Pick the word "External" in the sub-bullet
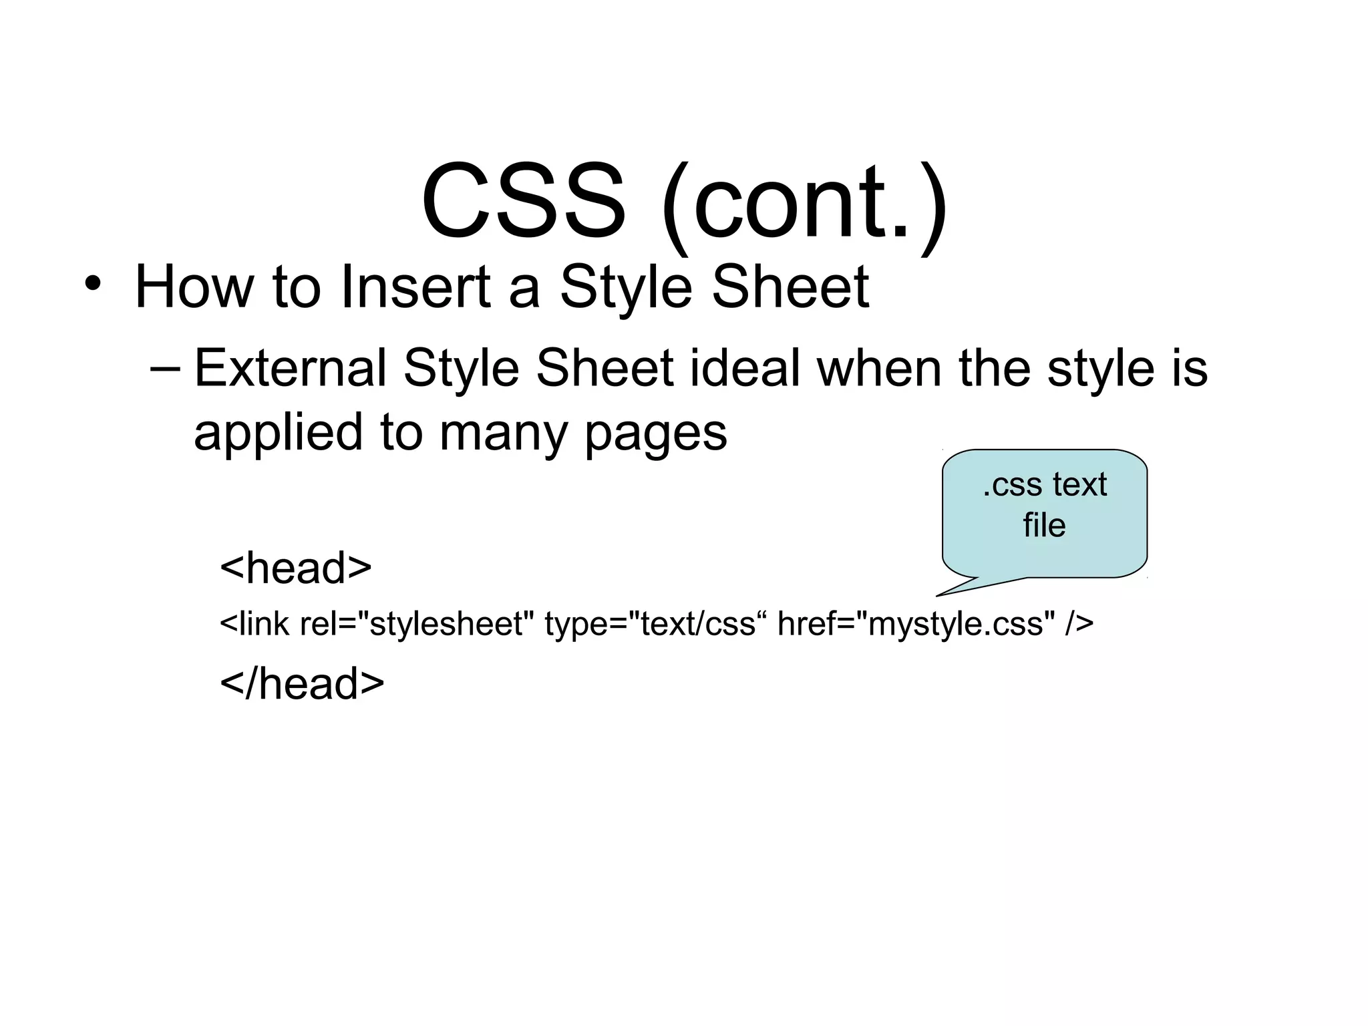coord(290,369)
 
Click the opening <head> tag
coord(295,568)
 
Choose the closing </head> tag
coord(302,683)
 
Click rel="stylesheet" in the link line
coord(417,625)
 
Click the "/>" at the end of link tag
coord(1079,625)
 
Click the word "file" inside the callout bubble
coord(1044,526)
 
